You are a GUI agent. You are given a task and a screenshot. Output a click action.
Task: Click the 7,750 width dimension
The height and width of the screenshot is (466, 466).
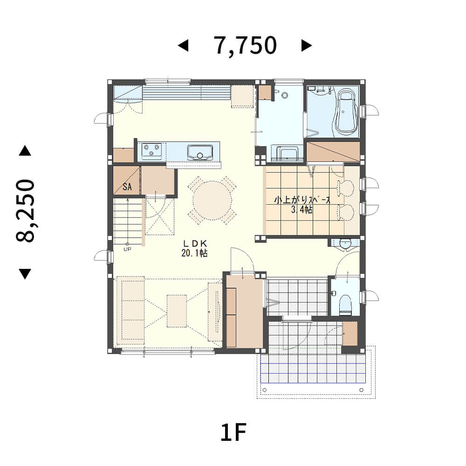tap(246, 46)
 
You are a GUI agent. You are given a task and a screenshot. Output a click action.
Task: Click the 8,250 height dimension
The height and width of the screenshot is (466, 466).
tap(26, 211)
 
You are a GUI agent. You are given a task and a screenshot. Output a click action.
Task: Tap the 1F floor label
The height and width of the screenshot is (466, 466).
tap(233, 433)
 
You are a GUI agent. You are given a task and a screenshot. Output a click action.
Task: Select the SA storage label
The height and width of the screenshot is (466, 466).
tap(127, 187)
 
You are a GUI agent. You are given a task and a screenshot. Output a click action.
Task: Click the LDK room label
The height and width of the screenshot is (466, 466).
tap(195, 244)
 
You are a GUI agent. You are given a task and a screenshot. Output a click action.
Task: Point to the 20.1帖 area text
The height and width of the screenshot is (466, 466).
tap(194, 253)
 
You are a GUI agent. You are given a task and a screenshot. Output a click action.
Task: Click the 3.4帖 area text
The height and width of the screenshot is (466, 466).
tap(302, 210)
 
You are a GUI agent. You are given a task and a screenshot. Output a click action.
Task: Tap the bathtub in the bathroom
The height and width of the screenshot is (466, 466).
tap(345, 113)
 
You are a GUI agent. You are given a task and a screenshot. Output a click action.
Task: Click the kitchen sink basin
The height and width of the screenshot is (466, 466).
tap(200, 152)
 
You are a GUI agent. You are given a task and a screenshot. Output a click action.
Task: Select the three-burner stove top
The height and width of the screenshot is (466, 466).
tap(151, 151)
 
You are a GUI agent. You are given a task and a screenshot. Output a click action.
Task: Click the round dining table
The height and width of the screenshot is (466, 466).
tap(212, 200)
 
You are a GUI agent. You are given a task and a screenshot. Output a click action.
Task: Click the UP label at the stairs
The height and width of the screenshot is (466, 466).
tap(127, 249)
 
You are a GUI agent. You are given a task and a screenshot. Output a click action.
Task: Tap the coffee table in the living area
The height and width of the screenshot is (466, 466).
tap(177, 311)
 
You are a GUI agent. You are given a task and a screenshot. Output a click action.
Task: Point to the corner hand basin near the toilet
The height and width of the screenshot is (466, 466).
tap(345, 244)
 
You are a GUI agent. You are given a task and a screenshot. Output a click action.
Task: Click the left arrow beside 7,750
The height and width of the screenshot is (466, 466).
tap(183, 46)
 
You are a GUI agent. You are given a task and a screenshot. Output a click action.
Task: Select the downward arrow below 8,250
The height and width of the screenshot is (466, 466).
tap(25, 274)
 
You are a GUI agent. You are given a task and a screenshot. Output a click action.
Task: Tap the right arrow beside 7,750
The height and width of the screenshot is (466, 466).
tap(307, 46)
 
